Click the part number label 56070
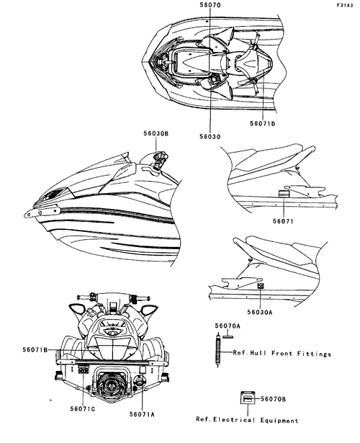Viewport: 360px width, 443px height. [210, 5]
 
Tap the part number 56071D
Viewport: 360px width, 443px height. [262, 123]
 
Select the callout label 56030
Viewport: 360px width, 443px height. [210, 137]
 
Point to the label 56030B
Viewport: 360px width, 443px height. [156, 133]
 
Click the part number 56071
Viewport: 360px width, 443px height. [283, 221]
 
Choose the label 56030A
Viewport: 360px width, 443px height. [260, 312]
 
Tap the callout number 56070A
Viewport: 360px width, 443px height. [228, 326]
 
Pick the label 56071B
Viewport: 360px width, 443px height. [35, 350]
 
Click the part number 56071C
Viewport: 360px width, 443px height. [83, 409]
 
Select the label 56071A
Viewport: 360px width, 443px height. [142, 414]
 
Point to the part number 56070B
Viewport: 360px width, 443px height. [273, 399]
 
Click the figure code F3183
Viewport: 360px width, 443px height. [344, 5]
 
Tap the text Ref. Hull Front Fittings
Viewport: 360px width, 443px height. [282, 353]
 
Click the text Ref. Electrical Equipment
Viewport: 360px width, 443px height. [247, 420]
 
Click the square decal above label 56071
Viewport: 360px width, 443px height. [283, 194]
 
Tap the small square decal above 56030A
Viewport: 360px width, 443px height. [260, 286]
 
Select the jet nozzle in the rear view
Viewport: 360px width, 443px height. [112, 384]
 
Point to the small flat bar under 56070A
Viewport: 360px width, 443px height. [228, 336]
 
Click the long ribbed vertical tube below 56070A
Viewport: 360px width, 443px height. [217, 350]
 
